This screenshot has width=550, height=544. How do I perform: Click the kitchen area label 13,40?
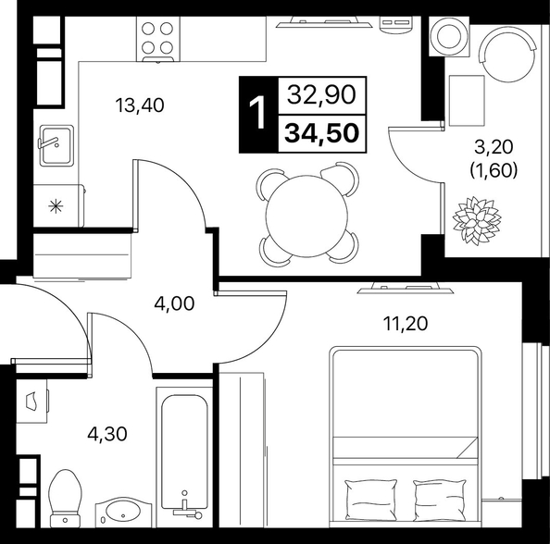(x=140, y=105)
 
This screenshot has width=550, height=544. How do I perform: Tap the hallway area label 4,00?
(x=174, y=303)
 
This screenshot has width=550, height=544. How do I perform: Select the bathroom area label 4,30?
(x=107, y=434)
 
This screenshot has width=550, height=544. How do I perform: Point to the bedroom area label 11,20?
(x=406, y=324)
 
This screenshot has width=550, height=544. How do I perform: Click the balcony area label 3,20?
(x=494, y=147)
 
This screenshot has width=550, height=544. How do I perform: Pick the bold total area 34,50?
(x=322, y=133)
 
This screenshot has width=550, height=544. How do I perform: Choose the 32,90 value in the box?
(x=321, y=94)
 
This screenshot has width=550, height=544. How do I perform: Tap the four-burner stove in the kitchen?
(x=157, y=39)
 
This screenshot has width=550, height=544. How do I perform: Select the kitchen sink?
(x=56, y=145)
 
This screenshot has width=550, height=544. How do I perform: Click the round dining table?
(x=306, y=216)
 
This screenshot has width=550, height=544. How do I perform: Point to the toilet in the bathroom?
(x=65, y=499)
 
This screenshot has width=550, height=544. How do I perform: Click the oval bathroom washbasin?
(x=123, y=513)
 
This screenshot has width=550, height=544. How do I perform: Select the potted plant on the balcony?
(x=477, y=220)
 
